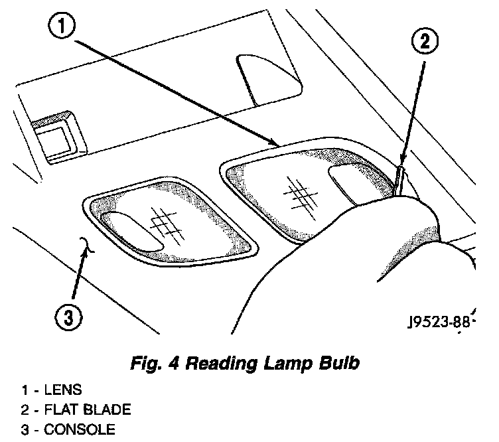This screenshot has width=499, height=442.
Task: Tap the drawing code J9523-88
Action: [439, 323]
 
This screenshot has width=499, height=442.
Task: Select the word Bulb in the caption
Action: [340, 363]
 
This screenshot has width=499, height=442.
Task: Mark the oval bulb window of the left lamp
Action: [136, 233]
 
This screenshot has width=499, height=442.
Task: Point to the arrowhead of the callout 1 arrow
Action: [275, 143]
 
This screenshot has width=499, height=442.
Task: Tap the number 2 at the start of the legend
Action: [25, 409]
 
